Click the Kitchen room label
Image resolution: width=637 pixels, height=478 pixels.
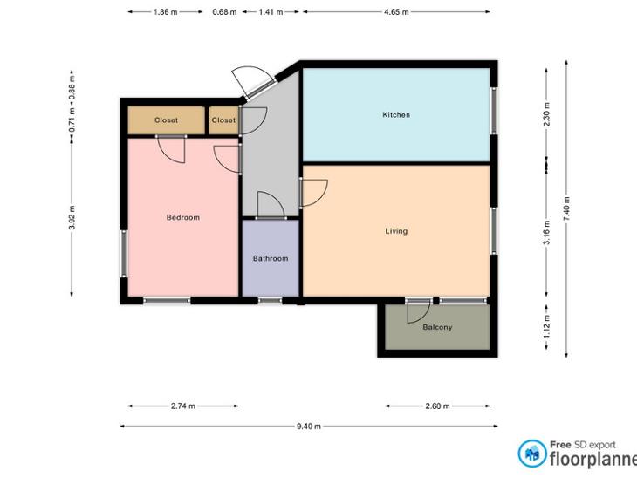pos(396,115)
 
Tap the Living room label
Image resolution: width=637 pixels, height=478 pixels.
pos(396,231)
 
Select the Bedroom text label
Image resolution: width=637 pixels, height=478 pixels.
pos(183,217)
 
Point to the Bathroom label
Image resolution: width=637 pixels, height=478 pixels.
pos(271,258)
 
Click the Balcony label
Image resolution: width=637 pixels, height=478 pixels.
pos(437,327)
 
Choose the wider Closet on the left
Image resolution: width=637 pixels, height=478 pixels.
pos(166,120)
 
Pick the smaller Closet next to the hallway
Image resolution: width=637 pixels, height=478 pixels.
pos(223,120)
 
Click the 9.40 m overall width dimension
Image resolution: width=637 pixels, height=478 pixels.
pos(309,426)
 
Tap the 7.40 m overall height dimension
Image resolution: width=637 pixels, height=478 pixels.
pos(566,208)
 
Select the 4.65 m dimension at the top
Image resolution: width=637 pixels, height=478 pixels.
pos(396,12)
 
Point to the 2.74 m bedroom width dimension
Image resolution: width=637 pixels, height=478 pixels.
pos(183,406)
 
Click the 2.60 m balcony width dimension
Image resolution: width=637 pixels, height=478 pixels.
pos(437,406)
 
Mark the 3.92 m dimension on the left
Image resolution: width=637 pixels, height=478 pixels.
pos(72,217)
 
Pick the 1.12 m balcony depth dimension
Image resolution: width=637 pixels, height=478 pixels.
pos(546,326)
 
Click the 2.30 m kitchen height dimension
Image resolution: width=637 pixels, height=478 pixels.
pos(546,114)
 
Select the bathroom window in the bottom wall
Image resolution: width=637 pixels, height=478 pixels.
pos(271,301)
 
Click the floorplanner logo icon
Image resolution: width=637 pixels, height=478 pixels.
pos(532,454)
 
